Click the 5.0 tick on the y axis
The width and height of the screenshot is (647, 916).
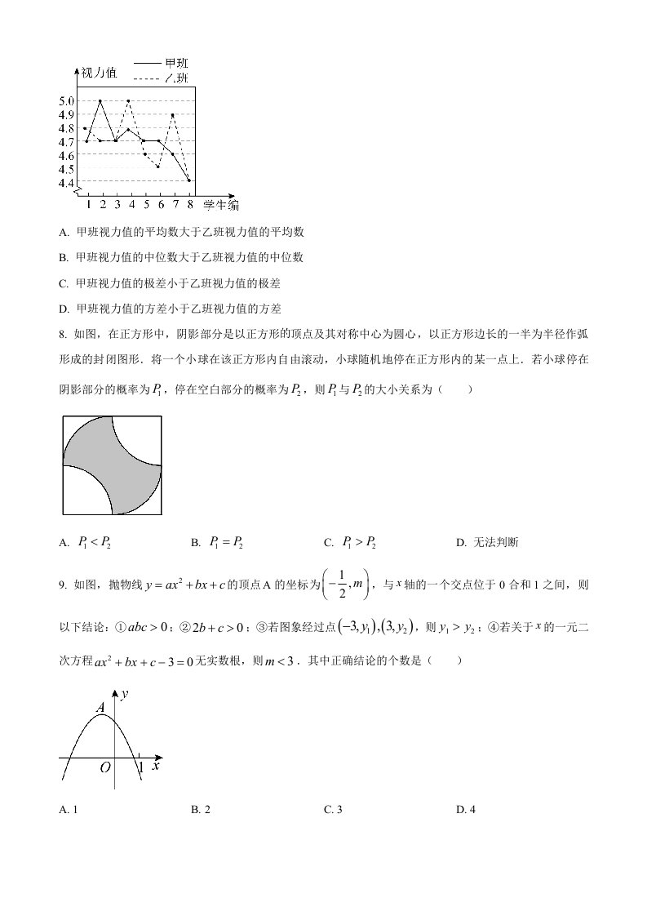pos(67,100)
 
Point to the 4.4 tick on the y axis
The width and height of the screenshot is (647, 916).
pos(67,181)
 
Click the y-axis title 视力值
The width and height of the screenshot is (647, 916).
pos(99,73)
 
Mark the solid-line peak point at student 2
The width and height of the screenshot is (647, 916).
pos(100,100)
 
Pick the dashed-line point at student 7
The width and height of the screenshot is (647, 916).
pos(173,114)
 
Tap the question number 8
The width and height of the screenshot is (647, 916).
pos(62,333)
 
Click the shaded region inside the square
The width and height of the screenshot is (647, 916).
pos(112,465)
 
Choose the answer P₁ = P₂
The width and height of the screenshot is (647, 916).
pos(226,541)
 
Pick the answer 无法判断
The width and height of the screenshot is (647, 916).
pos(494,542)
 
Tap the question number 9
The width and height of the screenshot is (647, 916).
pos(62,585)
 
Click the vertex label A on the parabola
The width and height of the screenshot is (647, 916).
pos(100,709)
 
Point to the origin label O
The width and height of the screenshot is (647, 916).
pos(105,768)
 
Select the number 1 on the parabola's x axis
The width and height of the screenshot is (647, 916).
pos(140,767)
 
